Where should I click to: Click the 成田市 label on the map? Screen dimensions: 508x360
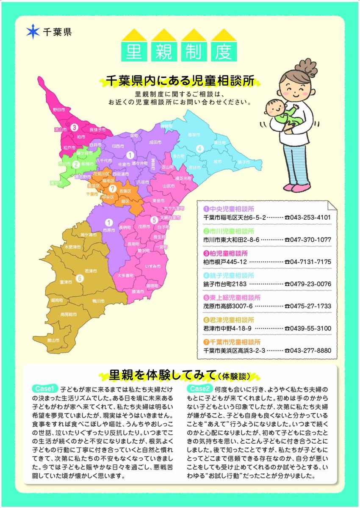pyautogui.click(x=155, y=143)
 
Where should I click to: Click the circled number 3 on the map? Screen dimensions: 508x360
pyautogui.click(x=74, y=127)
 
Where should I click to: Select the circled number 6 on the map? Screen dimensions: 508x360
pyautogui.click(x=79, y=278)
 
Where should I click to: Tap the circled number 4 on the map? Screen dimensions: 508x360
pyautogui.click(x=199, y=148)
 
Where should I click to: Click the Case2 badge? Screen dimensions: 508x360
pyautogui.click(x=200, y=388)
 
